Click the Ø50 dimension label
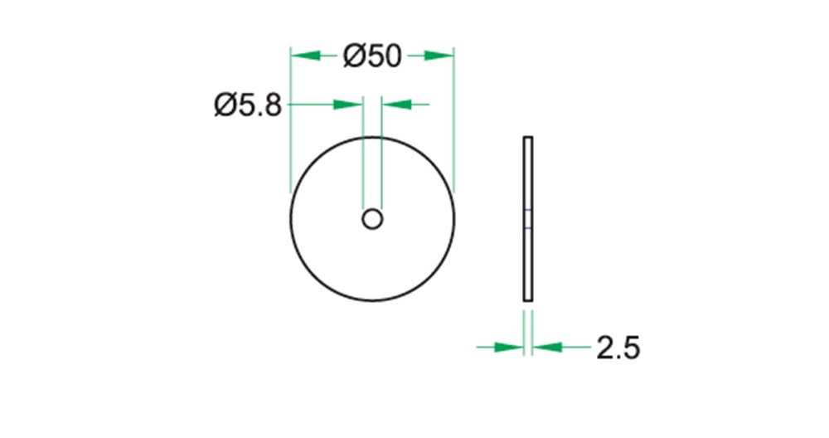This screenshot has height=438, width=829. [x=372, y=56]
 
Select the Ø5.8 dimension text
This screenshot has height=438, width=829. [x=248, y=105]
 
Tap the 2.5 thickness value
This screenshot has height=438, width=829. [x=618, y=348]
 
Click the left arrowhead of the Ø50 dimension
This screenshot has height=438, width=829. [x=306, y=55]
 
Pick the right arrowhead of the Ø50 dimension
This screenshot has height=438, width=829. [x=439, y=55]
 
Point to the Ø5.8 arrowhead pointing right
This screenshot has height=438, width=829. [x=347, y=105]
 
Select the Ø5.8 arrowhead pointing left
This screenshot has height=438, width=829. [x=397, y=105]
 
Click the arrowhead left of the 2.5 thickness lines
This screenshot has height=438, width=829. [x=509, y=347]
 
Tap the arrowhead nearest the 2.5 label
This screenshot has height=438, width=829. [x=547, y=347]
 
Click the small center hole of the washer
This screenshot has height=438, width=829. [x=372, y=219]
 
